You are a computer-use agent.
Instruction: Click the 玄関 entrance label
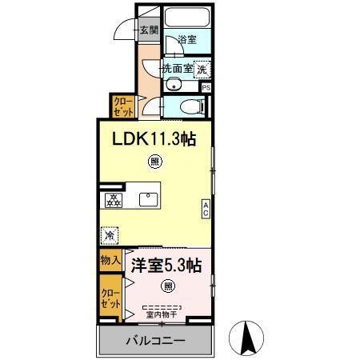pos(148,31)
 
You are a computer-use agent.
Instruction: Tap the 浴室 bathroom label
pos(186,40)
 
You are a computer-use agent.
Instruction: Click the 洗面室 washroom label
pos(178,69)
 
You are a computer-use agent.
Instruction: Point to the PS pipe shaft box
pos(206,87)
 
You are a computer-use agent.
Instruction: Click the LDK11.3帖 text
pos(154,138)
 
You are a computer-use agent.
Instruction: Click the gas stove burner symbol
pos(112,199)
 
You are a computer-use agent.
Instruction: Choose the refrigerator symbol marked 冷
pos(110,236)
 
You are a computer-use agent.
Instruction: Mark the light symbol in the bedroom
pos(169,286)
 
